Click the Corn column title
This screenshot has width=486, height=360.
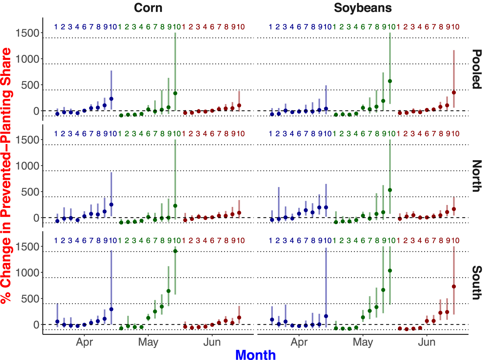(x=148, y=8)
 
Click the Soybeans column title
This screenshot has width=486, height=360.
(x=363, y=8)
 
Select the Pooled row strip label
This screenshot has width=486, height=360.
(x=476, y=69)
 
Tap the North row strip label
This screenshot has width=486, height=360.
(x=476, y=176)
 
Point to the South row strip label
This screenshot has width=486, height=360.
(x=476, y=283)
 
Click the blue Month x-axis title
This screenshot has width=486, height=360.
(x=255, y=355)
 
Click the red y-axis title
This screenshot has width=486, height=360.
(x=6, y=175)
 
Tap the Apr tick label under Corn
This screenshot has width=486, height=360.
(x=84, y=342)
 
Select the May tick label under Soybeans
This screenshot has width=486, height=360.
(x=363, y=342)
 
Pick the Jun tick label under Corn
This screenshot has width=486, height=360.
(x=212, y=342)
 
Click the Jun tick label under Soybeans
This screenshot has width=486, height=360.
(x=426, y=342)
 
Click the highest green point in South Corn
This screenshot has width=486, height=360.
(x=175, y=251)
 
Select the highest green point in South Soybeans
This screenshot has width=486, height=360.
(x=390, y=270)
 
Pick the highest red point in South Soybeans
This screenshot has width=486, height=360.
(x=454, y=286)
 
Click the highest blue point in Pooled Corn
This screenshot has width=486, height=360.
(x=111, y=99)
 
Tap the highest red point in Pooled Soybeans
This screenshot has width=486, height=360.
(x=454, y=92)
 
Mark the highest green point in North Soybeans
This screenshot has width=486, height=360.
(x=390, y=190)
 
